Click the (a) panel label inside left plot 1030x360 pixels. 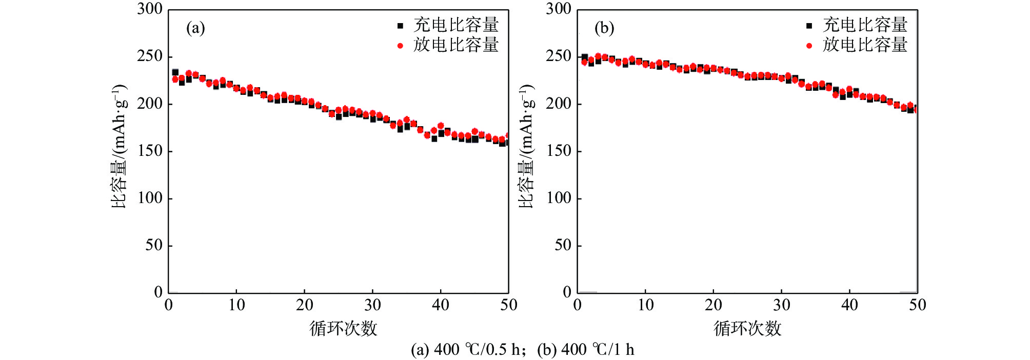coord(195,28)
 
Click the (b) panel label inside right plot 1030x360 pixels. coord(604,28)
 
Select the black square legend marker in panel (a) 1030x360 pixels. coord(401,26)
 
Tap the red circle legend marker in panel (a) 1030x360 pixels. coord(401,46)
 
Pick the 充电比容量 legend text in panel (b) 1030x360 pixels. coord(865,25)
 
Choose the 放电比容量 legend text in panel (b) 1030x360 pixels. coord(865,45)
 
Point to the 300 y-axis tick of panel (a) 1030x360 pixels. coord(150,9)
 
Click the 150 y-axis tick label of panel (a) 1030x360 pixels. coord(150,151)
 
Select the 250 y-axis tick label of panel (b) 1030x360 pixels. coord(558,56)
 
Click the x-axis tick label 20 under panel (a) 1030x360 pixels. coord(304,306)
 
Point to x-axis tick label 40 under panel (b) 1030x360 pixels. coord(849,306)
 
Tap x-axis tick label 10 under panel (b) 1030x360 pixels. coord(645,306)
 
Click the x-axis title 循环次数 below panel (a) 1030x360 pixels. coord(343,329)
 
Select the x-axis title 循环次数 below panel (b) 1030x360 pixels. coord(747,329)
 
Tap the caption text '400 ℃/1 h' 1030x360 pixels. coord(598,350)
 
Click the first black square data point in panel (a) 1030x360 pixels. coord(175,72)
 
